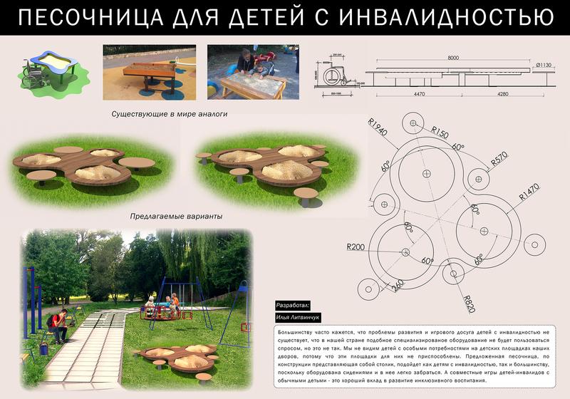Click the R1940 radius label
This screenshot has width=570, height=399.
(x=378, y=129)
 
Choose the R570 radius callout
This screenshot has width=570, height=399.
(x=499, y=161)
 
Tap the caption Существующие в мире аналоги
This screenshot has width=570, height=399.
(x=165, y=114)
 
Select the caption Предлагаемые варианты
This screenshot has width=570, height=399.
(x=177, y=216)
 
